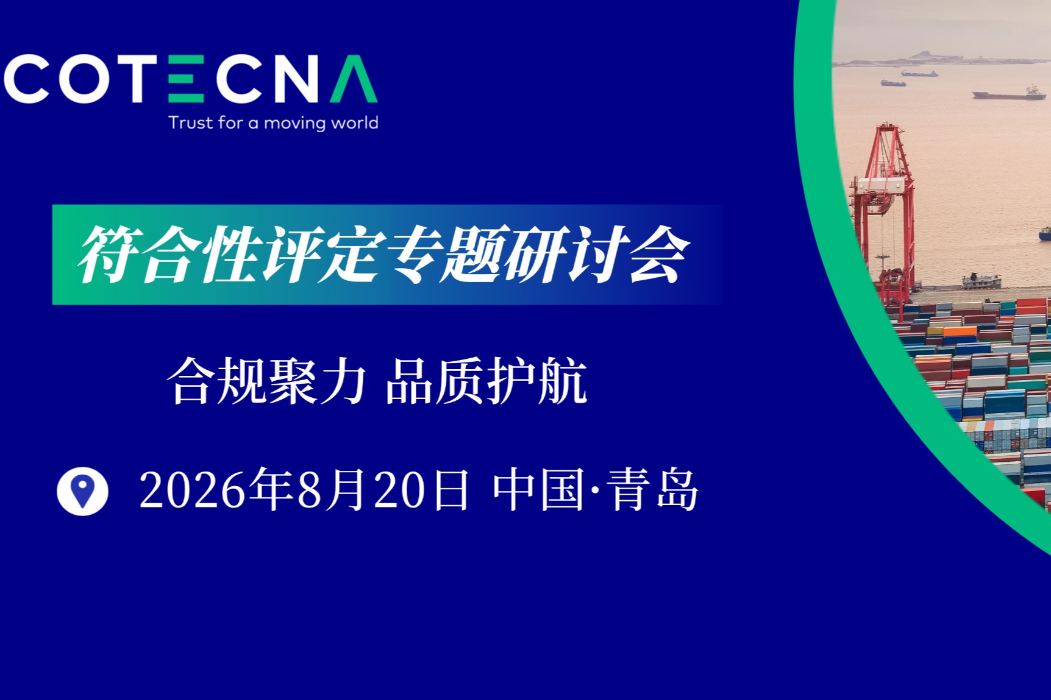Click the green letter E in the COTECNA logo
185,79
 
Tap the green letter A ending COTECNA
354,79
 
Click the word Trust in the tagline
191,122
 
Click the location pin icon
82,491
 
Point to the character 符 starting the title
109,254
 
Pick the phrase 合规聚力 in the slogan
267,381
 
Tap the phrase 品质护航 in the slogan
486,381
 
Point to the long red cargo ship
1009,94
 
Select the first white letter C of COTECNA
27,79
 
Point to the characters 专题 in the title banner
444,254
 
